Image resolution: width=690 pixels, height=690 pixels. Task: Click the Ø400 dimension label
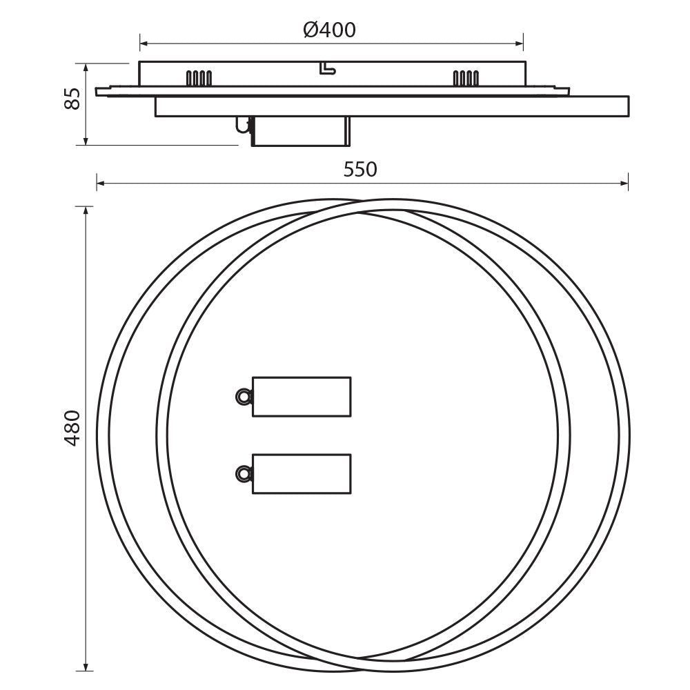point(329,30)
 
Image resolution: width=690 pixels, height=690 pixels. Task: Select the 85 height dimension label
point(72,98)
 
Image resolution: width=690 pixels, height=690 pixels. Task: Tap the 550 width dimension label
point(360,170)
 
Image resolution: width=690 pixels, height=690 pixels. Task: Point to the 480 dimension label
point(72,428)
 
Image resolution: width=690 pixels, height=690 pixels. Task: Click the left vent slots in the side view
point(199,78)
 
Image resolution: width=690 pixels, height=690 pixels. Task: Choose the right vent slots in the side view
point(466,78)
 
